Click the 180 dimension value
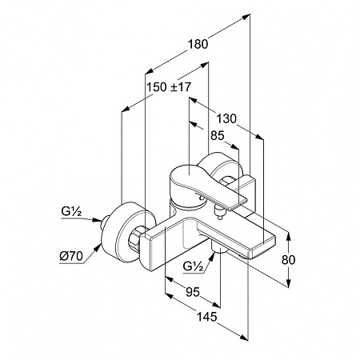coord(198,44)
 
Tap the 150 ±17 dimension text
coord(170,87)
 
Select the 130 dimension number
coord(226,118)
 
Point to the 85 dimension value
coord(218,135)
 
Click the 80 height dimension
coord(289,259)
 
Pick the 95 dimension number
coord(193,292)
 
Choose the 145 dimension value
coord(206,317)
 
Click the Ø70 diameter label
coord(71,257)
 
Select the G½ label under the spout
coord(193,266)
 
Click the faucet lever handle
coord(202,186)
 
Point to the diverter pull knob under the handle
coord(220,213)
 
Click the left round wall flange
coord(128,232)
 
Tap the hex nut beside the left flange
coord(137,238)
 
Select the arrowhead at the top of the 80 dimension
coord(289,235)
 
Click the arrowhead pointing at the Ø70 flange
coord(98,248)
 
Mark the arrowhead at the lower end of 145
coord(245,336)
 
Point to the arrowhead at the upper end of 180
coord(246,17)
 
